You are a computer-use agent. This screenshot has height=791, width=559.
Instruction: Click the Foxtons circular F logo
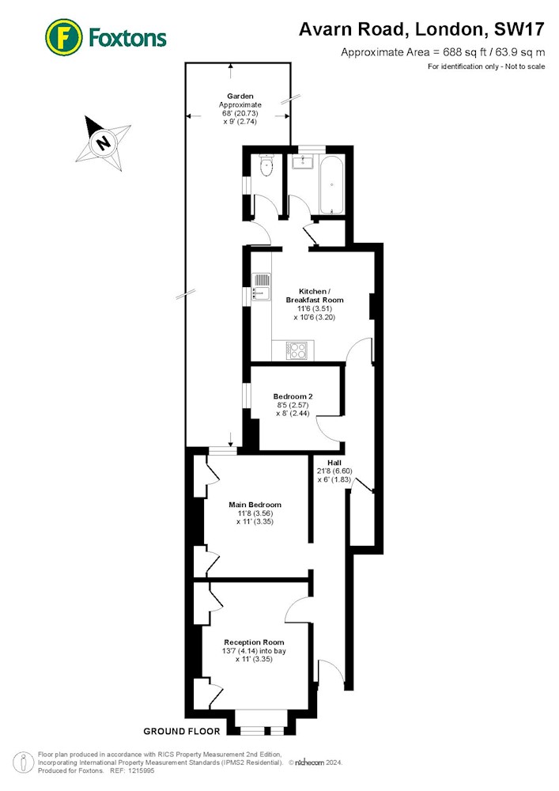point(63,37)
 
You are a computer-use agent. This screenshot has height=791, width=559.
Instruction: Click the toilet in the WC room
point(266,165)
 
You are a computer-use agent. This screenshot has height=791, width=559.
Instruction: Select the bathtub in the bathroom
point(331,184)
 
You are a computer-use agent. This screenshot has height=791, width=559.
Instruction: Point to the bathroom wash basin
point(303,161)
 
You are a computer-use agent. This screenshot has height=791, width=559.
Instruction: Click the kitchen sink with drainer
point(261,287)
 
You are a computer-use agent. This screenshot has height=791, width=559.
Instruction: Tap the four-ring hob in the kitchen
point(296,350)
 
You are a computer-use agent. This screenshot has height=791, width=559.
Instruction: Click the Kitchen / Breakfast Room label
point(315,296)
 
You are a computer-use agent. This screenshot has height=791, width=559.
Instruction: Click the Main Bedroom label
point(255,505)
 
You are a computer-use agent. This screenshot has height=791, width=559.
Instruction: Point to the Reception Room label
point(254,642)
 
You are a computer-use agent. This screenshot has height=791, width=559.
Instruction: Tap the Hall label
point(334,463)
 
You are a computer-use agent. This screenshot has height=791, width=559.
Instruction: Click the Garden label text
point(240,96)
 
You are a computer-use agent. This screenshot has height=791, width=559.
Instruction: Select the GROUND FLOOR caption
point(182,731)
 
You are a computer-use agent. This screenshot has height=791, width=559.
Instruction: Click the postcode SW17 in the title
point(519,29)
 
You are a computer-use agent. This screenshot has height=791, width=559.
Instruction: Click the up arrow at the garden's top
point(230,70)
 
